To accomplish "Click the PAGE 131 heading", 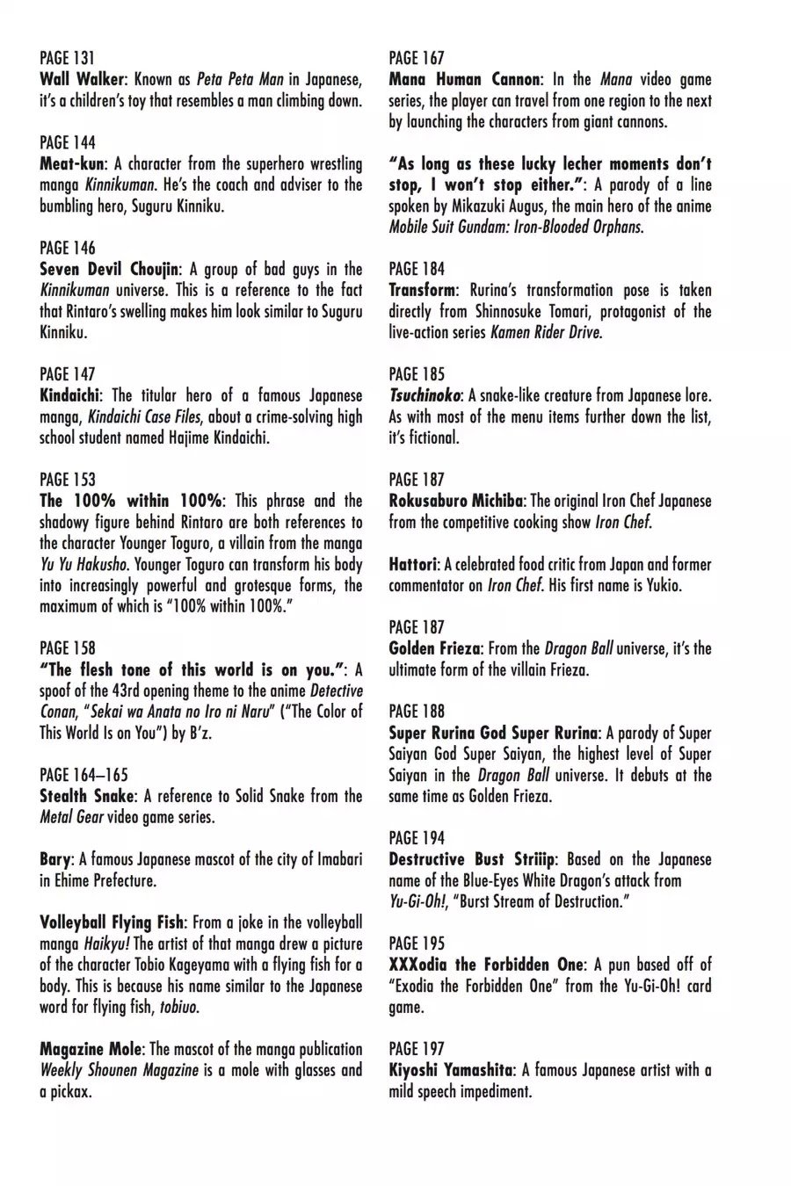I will (x=67, y=58).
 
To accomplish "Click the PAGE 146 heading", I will (x=68, y=248).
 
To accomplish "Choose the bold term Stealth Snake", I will (x=87, y=796).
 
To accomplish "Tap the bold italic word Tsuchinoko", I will (x=426, y=395).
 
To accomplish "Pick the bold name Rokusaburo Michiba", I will (x=456, y=501).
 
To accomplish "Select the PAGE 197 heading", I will (x=417, y=1049).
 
